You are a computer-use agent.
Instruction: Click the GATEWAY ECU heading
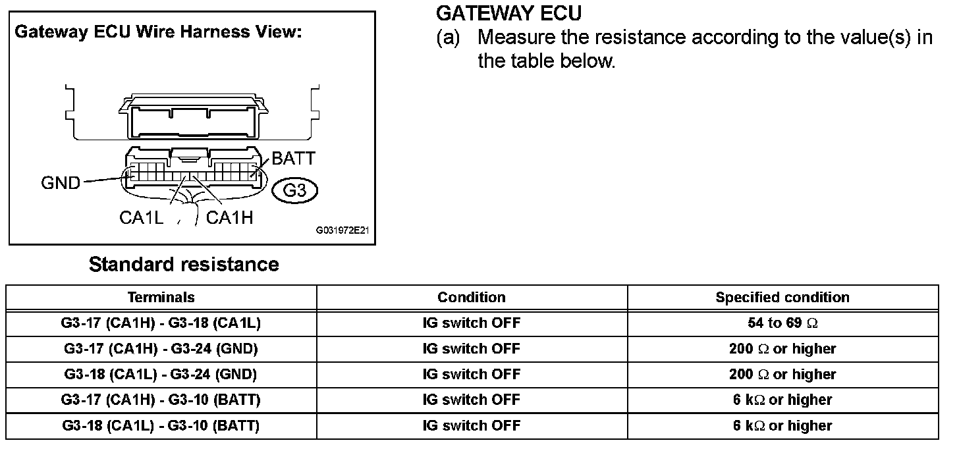click(x=509, y=13)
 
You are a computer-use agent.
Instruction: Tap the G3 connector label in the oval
click(x=294, y=192)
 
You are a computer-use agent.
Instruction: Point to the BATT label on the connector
click(x=294, y=159)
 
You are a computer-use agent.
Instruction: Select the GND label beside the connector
click(x=60, y=183)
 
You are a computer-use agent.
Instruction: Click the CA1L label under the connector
click(x=141, y=218)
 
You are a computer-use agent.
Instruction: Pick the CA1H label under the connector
click(x=230, y=218)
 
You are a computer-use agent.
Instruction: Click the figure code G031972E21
click(x=342, y=231)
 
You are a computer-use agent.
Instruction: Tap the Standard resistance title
click(x=184, y=265)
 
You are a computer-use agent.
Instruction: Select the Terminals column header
click(x=161, y=298)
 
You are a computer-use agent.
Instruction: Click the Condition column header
click(x=472, y=298)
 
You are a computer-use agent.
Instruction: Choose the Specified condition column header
click(x=782, y=298)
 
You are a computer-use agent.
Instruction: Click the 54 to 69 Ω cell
click(x=782, y=323)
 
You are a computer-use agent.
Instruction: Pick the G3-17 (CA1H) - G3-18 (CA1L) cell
click(x=161, y=323)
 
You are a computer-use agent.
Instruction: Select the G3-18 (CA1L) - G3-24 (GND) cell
click(x=161, y=375)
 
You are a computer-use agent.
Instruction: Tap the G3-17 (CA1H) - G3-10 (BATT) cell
click(x=161, y=400)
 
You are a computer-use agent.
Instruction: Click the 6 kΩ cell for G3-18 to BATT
click(x=782, y=426)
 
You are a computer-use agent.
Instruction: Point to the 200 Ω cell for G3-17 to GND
click(x=782, y=349)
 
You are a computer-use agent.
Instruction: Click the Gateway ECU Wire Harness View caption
click(x=158, y=32)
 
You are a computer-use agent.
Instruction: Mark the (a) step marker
click(x=448, y=38)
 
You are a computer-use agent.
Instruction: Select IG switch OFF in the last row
click(x=472, y=426)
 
